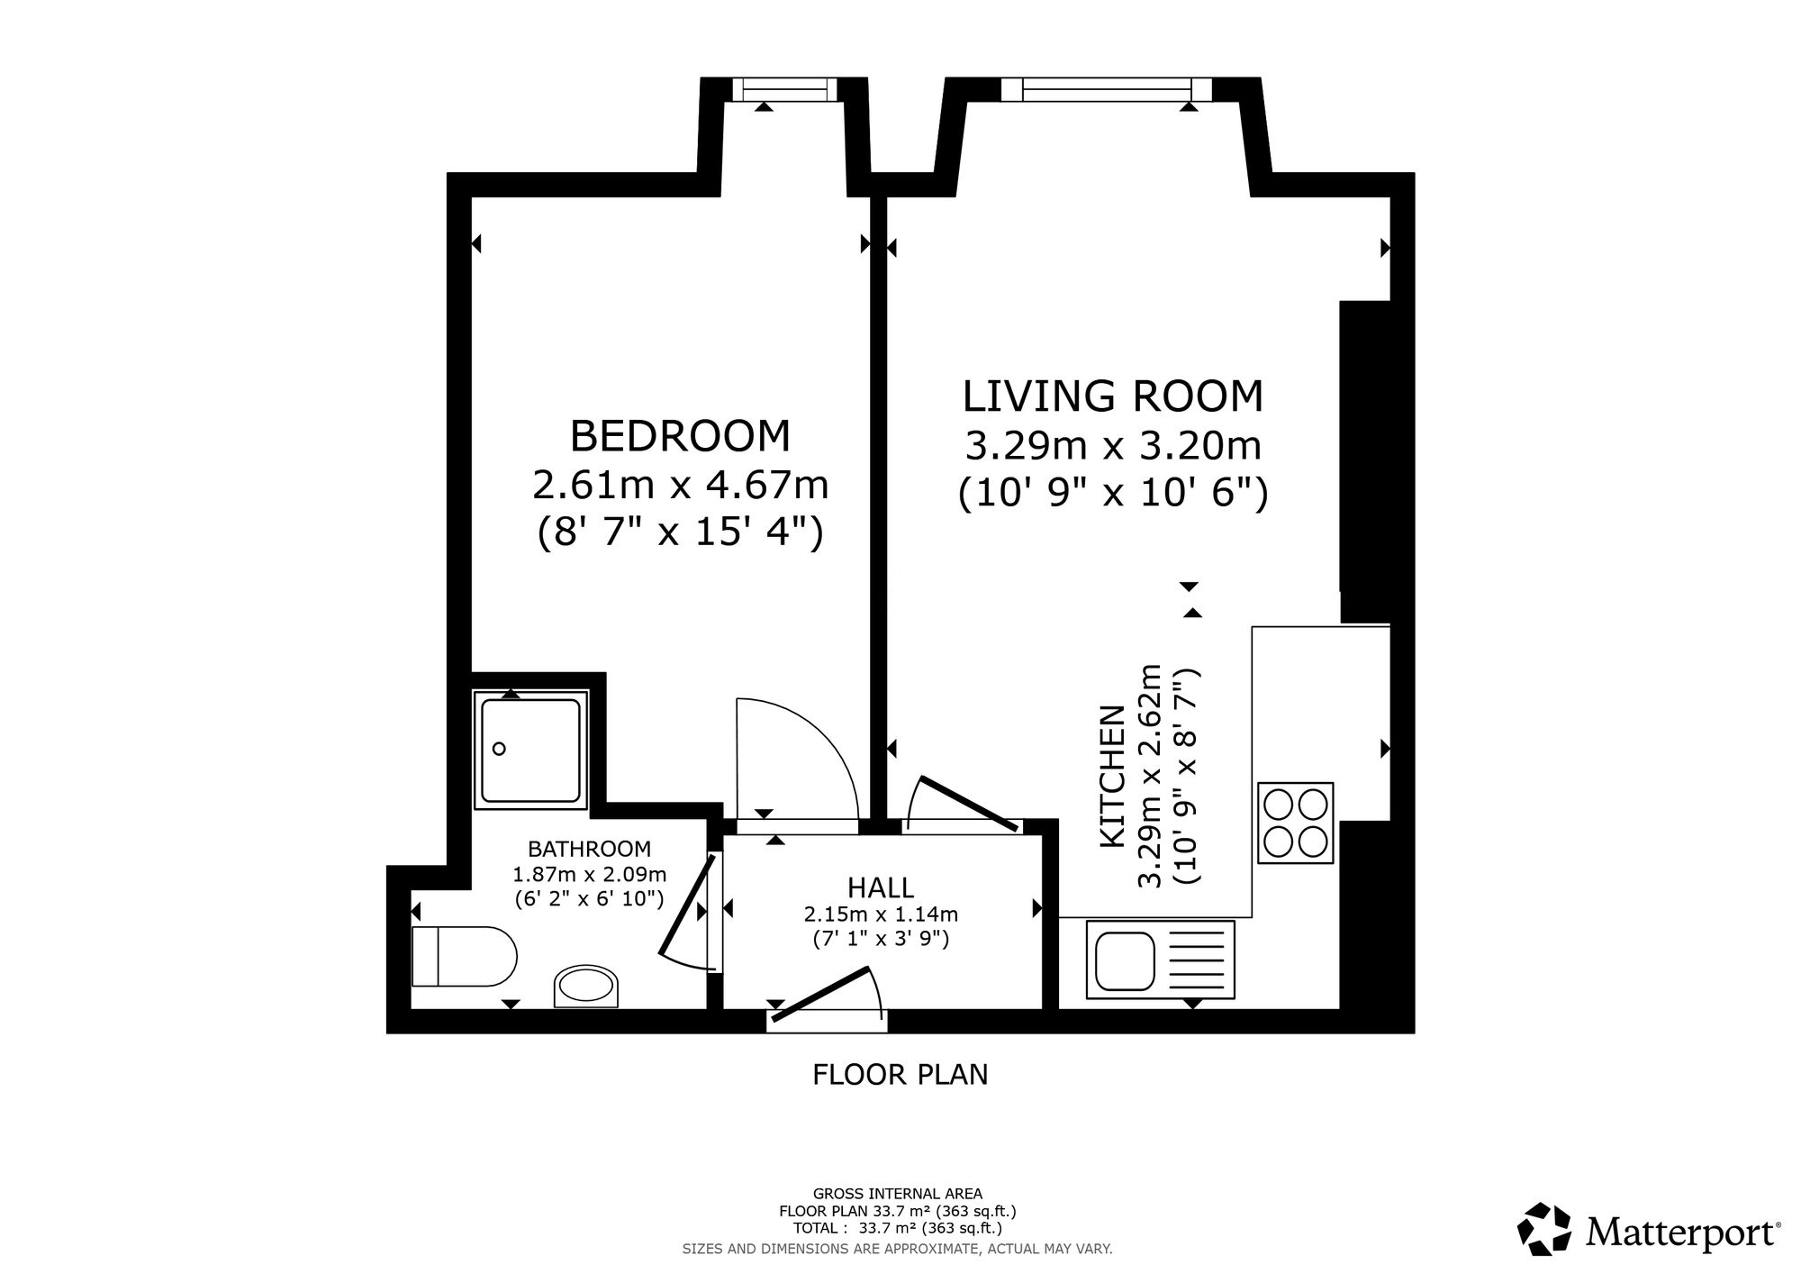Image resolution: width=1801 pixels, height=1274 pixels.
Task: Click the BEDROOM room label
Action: [680, 436]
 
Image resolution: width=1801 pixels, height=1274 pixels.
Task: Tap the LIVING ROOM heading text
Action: [1113, 396]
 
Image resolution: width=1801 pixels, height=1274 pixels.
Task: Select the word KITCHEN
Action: [1113, 776]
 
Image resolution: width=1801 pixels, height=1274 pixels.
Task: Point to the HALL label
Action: [881, 887]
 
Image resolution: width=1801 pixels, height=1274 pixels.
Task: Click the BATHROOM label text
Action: [589, 849]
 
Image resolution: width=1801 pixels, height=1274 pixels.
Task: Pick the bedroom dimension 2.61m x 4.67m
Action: [680, 486]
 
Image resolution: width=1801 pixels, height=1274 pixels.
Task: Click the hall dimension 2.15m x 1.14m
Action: [881, 915]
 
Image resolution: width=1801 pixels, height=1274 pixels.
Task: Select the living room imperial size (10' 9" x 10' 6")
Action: [1113, 493]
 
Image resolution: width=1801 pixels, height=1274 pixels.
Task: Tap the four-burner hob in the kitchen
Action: [1295, 823]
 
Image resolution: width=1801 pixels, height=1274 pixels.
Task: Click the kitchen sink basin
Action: [1124, 960]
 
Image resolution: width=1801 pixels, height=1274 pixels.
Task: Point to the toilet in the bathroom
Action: [463, 956]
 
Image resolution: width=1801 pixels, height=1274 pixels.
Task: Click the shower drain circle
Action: [499, 749]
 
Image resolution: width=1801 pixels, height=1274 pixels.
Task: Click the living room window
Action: [1107, 89]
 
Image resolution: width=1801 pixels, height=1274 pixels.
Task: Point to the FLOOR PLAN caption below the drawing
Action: [900, 1075]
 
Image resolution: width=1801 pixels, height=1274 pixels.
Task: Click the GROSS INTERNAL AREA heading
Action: [898, 1195]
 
